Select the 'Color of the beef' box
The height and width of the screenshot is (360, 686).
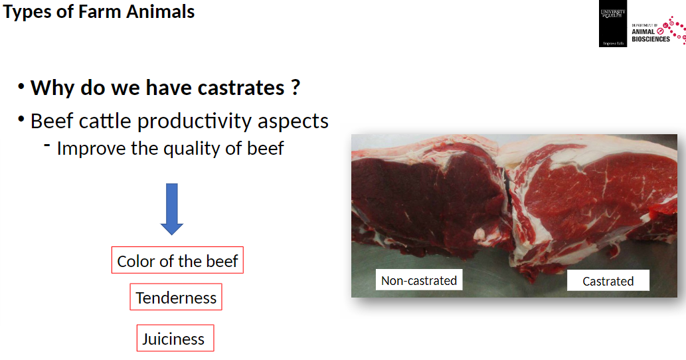tap(177, 261)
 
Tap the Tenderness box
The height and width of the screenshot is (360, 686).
tap(176, 298)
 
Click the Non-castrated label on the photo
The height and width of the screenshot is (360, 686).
tap(419, 280)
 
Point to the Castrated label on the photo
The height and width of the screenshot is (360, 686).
tap(608, 281)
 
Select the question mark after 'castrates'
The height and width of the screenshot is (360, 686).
tap(296, 88)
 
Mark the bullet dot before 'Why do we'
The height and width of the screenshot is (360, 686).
tap(21, 86)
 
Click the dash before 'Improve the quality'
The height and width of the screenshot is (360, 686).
tap(47, 146)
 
